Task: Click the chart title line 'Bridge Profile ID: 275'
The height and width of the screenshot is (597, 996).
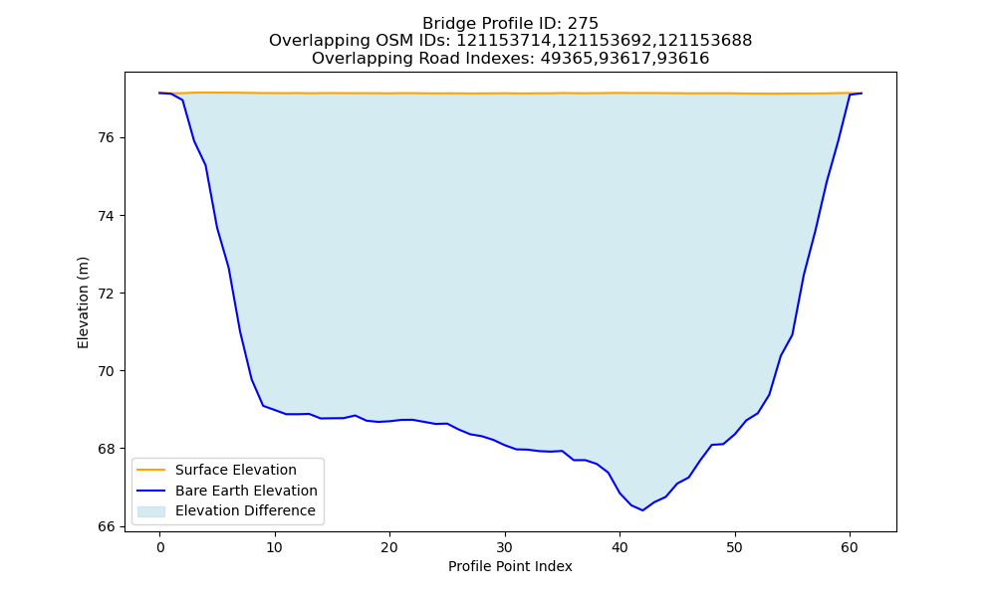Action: point(510,24)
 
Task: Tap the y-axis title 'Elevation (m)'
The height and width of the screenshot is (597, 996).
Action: point(84,302)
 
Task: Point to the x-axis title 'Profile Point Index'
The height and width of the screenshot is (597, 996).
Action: point(510,566)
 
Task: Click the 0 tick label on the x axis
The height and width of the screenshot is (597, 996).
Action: point(159,547)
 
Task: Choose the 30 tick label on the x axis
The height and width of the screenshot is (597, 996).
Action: point(505,547)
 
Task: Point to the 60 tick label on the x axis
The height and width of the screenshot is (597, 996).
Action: point(850,547)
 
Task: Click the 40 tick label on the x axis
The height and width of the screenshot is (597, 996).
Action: point(620,547)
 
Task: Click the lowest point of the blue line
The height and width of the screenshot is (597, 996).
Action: point(642,510)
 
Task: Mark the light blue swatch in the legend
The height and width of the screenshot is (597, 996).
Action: point(151,511)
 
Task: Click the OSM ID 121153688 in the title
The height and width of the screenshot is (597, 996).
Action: point(704,41)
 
